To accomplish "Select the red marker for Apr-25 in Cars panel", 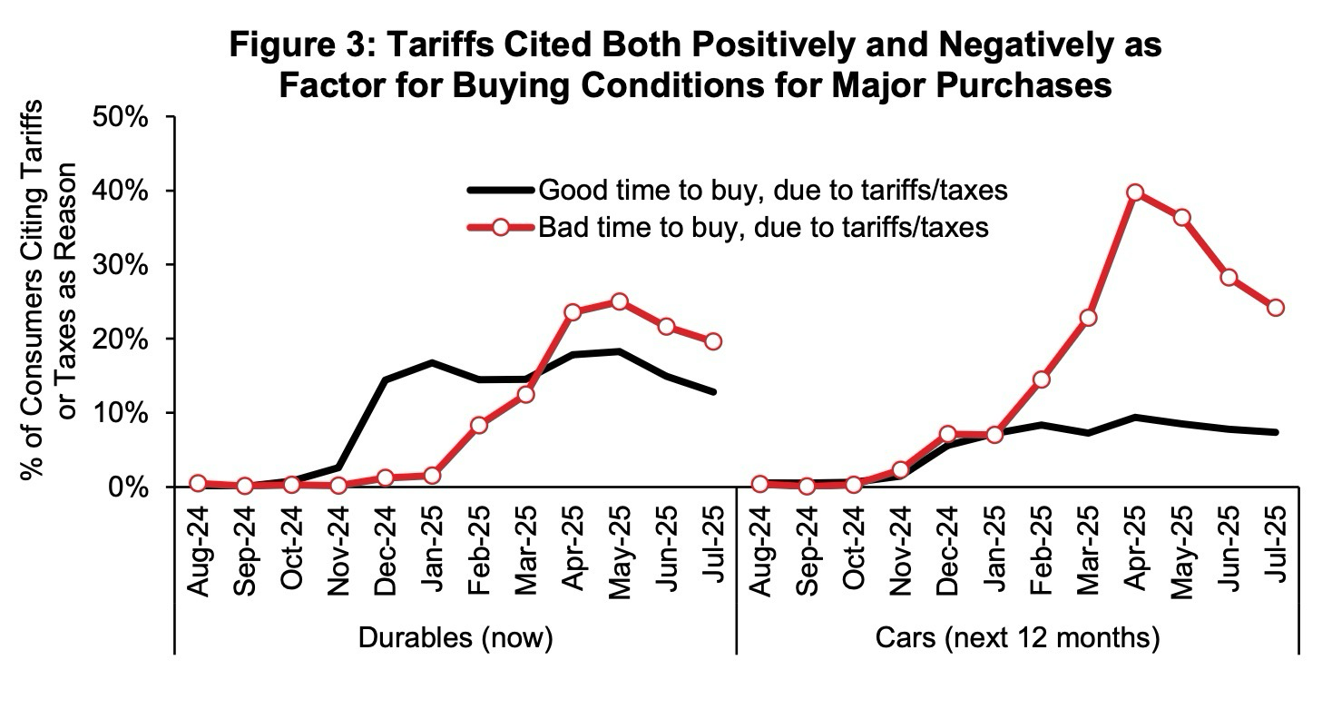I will pos(1135,192).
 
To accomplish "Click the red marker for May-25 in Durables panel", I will pos(620,301).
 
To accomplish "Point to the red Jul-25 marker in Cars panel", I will pos(1276,307).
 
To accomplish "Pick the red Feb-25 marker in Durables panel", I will pos(479,425).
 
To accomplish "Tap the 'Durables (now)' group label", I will pos(455,638).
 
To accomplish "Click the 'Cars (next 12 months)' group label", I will pos(1017,638).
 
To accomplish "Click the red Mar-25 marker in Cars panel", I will pos(1088,318).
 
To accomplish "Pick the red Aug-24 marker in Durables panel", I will pos(198,483).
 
